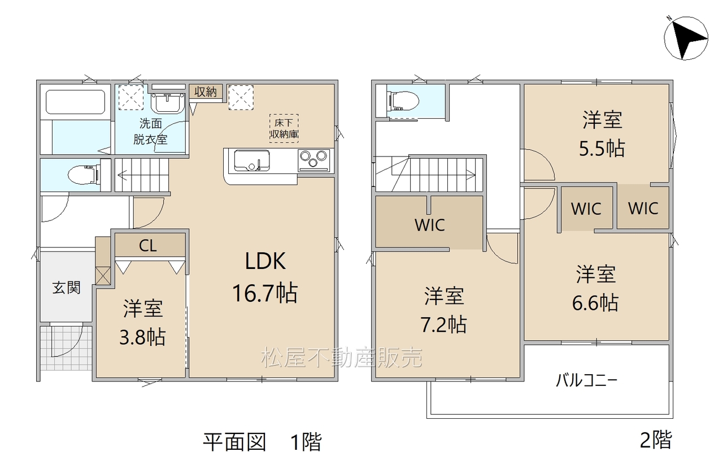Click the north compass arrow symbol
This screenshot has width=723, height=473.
(686, 38)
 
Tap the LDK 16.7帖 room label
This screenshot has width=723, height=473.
(265, 277)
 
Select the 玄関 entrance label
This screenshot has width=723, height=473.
(67, 287)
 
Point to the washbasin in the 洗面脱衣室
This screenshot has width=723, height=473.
(168, 103)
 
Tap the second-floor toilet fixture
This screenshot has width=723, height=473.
(403, 100)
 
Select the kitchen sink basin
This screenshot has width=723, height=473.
(252, 160)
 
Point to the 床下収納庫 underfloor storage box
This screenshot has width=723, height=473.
(284, 128)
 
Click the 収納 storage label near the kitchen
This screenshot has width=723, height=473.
(206, 92)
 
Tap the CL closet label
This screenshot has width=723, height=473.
(148, 246)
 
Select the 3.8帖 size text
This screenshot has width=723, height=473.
(143, 337)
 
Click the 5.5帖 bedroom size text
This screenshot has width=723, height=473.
(602, 149)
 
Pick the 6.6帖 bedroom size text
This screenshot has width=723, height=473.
(595, 303)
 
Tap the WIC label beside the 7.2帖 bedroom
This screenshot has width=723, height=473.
(430, 225)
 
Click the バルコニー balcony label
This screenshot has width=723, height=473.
(587, 381)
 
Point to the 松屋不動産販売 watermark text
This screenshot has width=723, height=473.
(342, 358)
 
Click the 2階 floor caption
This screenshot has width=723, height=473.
(656, 440)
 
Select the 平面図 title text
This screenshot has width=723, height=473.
(234, 442)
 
